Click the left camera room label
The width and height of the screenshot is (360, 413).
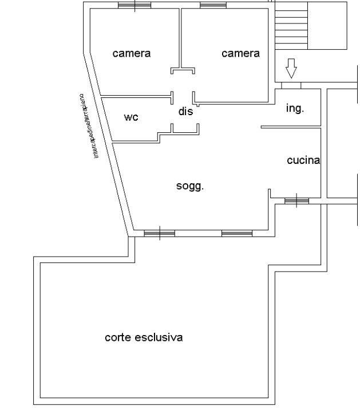coord(132,53)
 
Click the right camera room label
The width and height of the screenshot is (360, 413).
coord(240,53)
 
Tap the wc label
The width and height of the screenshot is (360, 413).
coord(131,117)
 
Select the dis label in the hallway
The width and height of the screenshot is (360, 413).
coord(185,112)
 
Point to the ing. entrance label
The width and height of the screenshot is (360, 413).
coord(295,108)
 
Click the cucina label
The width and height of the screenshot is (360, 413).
coord(303,160)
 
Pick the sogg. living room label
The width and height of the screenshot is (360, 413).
coord(190,186)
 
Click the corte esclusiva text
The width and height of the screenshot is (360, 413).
coord(144,337)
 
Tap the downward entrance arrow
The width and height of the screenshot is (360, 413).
coord(291,68)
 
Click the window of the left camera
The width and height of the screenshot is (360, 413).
coord(134,5)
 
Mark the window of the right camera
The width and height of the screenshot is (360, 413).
coord(213,5)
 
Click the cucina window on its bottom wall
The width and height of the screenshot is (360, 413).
coord(296,200)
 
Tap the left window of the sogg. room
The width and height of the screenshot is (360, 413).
coord(159,233)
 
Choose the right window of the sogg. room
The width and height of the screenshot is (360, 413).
coord(236,233)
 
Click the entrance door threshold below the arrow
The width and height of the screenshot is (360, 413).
coord(291,85)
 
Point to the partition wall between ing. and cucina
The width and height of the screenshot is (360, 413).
coord(290,127)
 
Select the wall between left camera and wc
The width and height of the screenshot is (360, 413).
coord(136,95)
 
